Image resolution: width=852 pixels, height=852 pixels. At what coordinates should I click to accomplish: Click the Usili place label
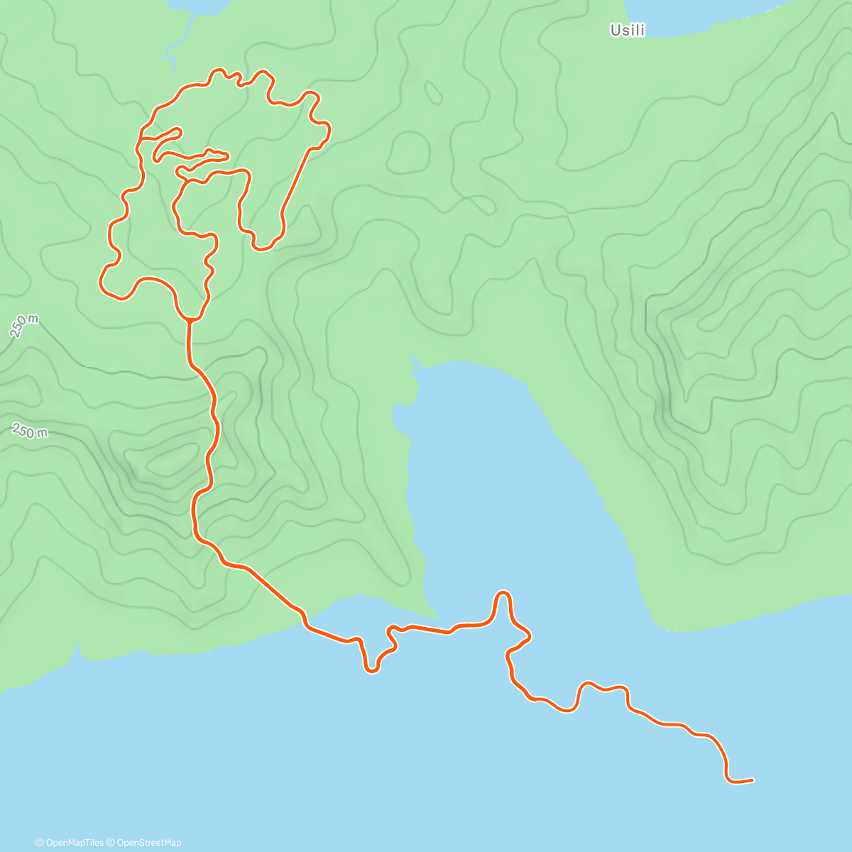(x=628, y=31)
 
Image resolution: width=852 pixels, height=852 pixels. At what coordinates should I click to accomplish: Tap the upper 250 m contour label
(x=24, y=326)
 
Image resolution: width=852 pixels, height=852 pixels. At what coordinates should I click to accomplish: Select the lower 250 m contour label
(x=30, y=431)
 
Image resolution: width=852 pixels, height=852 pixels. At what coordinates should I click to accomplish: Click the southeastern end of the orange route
(x=751, y=780)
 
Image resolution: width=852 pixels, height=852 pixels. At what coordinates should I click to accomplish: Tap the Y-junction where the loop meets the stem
(x=190, y=319)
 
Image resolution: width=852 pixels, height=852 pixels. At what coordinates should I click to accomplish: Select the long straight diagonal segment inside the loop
(x=295, y=182)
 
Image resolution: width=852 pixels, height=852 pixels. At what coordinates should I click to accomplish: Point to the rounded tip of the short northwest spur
(x=180, y=131)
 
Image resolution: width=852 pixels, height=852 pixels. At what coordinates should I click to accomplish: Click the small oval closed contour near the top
(x=432, y=92)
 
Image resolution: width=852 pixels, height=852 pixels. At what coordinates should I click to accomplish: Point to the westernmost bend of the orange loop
(x=102, y=282)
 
